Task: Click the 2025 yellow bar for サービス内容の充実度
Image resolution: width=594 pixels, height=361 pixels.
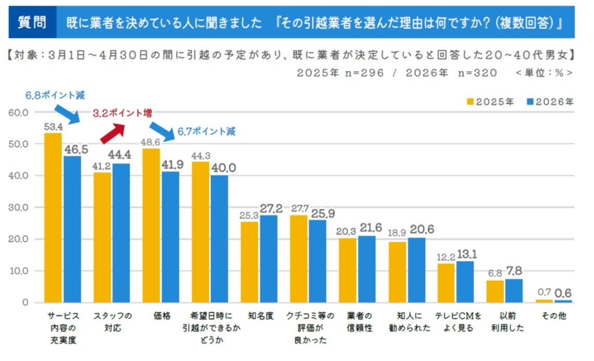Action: [53, 218]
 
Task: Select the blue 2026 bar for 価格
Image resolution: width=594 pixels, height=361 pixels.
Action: [170, 237]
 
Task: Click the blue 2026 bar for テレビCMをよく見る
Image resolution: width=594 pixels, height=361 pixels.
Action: [465, 282]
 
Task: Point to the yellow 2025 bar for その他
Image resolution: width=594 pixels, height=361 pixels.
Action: [544, 301]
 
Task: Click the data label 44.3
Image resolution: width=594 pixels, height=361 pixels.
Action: [201, 155]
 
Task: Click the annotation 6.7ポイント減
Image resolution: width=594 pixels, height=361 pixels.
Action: [206, 132]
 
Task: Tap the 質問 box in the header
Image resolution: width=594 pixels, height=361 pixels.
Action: [32, 22]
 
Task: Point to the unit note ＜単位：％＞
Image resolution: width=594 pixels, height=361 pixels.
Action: [544, 73]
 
